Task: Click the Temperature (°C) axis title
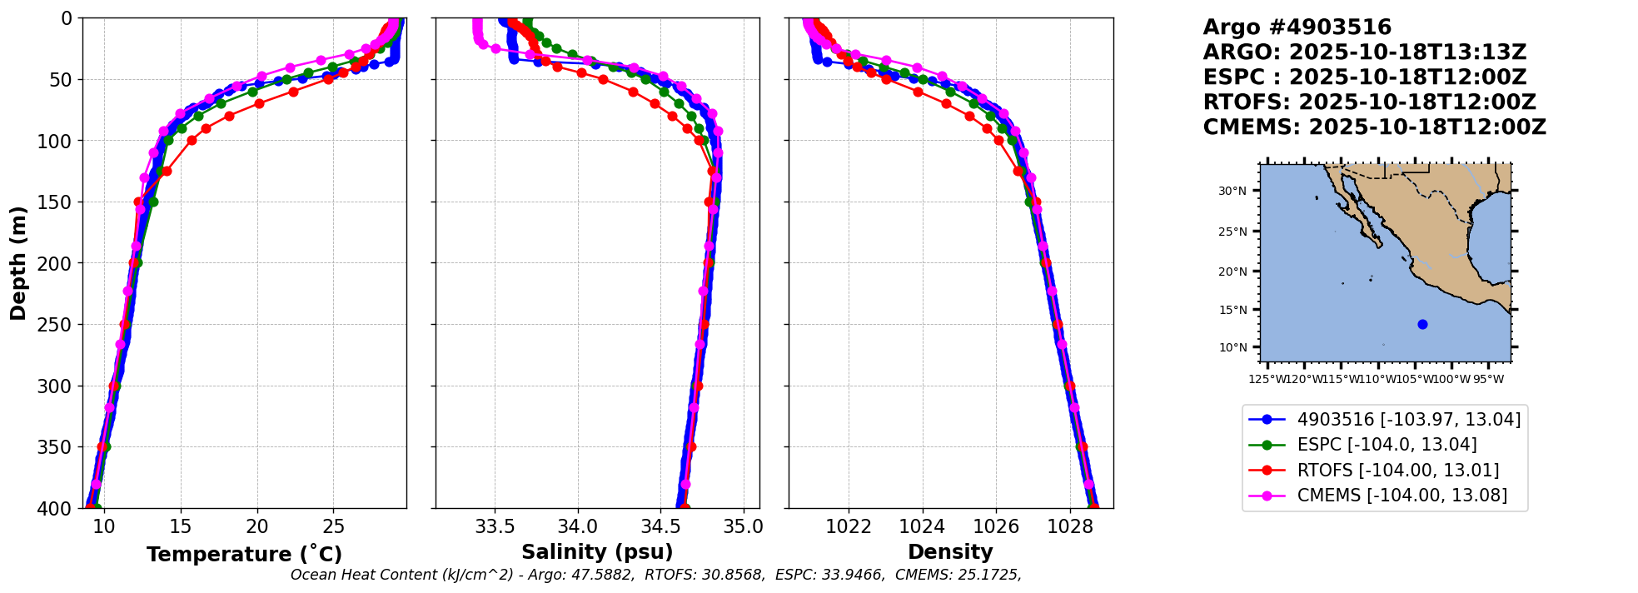coord(244,555)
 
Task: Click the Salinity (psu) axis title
coord(597,552)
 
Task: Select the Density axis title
coord(950,552)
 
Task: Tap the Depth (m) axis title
coord(18,263)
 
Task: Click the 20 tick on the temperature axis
coord(257,527)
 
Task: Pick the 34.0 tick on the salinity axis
coord(577,527)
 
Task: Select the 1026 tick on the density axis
coord(996,527)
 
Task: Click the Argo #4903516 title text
coord(1297,27)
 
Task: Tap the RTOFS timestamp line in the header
coord(1369,102)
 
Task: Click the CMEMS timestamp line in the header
coord(1374,127)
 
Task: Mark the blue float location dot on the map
coord(1422,325)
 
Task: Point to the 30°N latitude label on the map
coord(1232,192)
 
